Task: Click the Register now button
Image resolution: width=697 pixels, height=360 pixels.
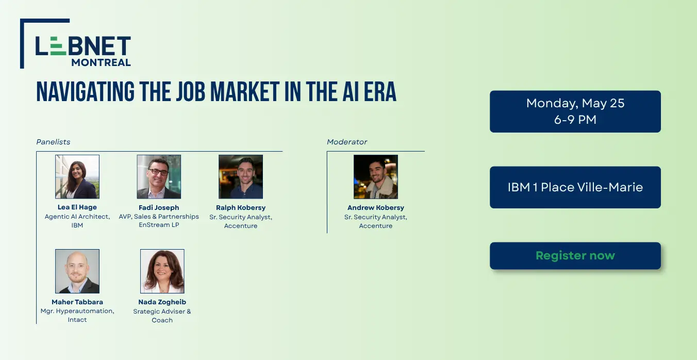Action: coord(575,256)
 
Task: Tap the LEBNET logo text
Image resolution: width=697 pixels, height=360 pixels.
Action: coord(83,46)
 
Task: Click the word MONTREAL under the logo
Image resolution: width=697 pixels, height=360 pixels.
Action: coord(101,62)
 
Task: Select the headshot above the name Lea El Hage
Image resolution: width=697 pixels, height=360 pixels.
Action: coord(77,176)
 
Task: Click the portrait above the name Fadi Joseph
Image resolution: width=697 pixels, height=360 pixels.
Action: coord(159,176)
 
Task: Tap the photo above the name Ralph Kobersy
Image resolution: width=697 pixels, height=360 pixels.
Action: coord(241,176)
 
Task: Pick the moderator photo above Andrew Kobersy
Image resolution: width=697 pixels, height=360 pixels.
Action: coord(376,176)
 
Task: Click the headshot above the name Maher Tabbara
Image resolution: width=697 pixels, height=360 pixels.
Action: coord(77,271)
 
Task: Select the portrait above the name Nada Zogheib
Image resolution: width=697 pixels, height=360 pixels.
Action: coord(162,271)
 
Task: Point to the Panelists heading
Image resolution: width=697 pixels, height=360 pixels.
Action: coord(53,142)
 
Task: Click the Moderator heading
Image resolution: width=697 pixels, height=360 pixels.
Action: coord(347,142)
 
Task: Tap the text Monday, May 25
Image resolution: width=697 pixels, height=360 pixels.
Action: coord(575,103)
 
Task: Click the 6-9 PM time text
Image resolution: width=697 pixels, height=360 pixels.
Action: coord(575,120)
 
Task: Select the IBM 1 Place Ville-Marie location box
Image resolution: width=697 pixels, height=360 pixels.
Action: coord(575,187)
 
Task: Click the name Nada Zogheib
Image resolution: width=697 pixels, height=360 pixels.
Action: coord(162,302)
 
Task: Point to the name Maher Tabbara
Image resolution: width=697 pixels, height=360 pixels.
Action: coord(77,302)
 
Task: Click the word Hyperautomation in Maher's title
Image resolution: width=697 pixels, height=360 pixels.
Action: coord(85,311)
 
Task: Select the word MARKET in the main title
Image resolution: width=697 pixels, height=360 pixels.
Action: coord(244,92)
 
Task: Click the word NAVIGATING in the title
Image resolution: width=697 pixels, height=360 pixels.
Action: coord(85,92)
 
